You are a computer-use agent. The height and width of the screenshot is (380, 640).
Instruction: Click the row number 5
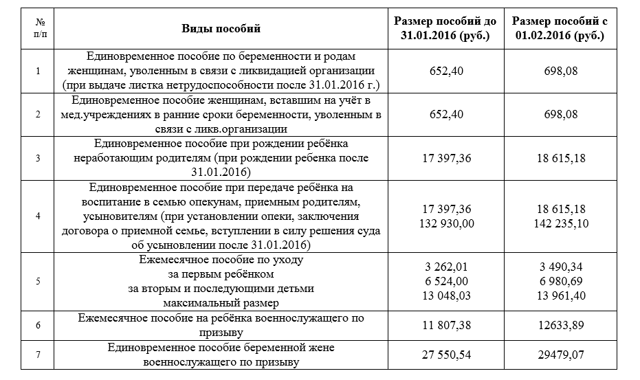coord(37,281)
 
